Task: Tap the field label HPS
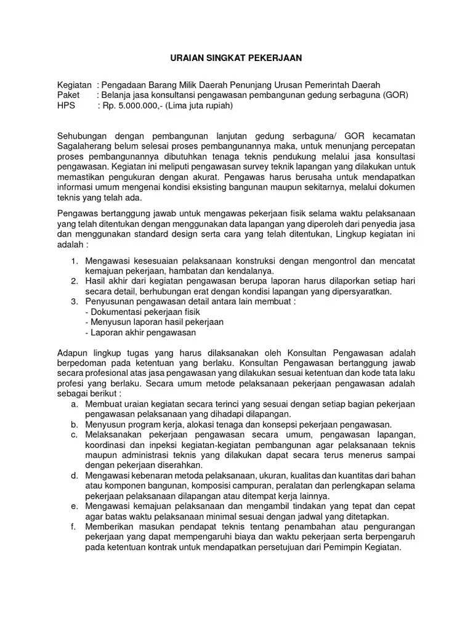67,105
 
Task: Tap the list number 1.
73,261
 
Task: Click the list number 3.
73,302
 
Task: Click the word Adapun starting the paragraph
72,352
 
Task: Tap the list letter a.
74,404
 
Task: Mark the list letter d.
74,475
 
